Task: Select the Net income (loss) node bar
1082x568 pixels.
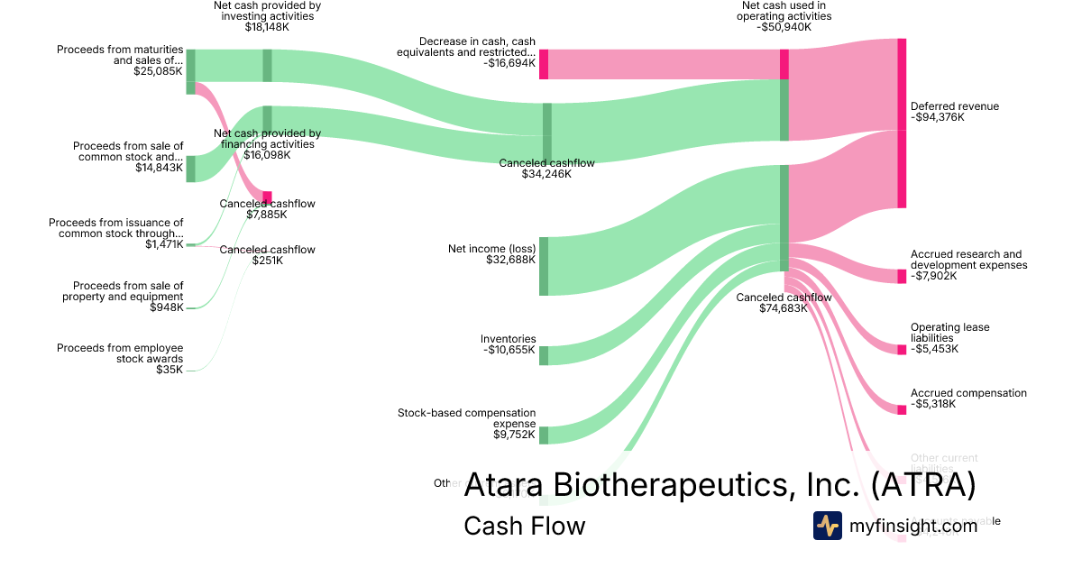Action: (544, 266)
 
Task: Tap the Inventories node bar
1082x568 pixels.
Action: (544, 355)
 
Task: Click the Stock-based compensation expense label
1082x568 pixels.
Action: (466, 418)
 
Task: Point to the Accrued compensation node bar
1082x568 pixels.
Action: (902, 408)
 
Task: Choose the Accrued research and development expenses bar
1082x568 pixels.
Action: (902, 276)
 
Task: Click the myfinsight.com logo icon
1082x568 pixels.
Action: (827, 526)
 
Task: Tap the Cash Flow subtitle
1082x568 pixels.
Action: (524, 526)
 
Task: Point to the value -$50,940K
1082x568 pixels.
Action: (784, 27)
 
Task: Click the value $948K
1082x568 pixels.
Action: (167, 307)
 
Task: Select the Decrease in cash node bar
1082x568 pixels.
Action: (544, 64)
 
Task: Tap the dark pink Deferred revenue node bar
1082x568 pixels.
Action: (902, 124)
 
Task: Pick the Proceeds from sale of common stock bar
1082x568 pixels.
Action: (190, 169)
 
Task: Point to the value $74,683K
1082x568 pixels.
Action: (784, 308)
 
